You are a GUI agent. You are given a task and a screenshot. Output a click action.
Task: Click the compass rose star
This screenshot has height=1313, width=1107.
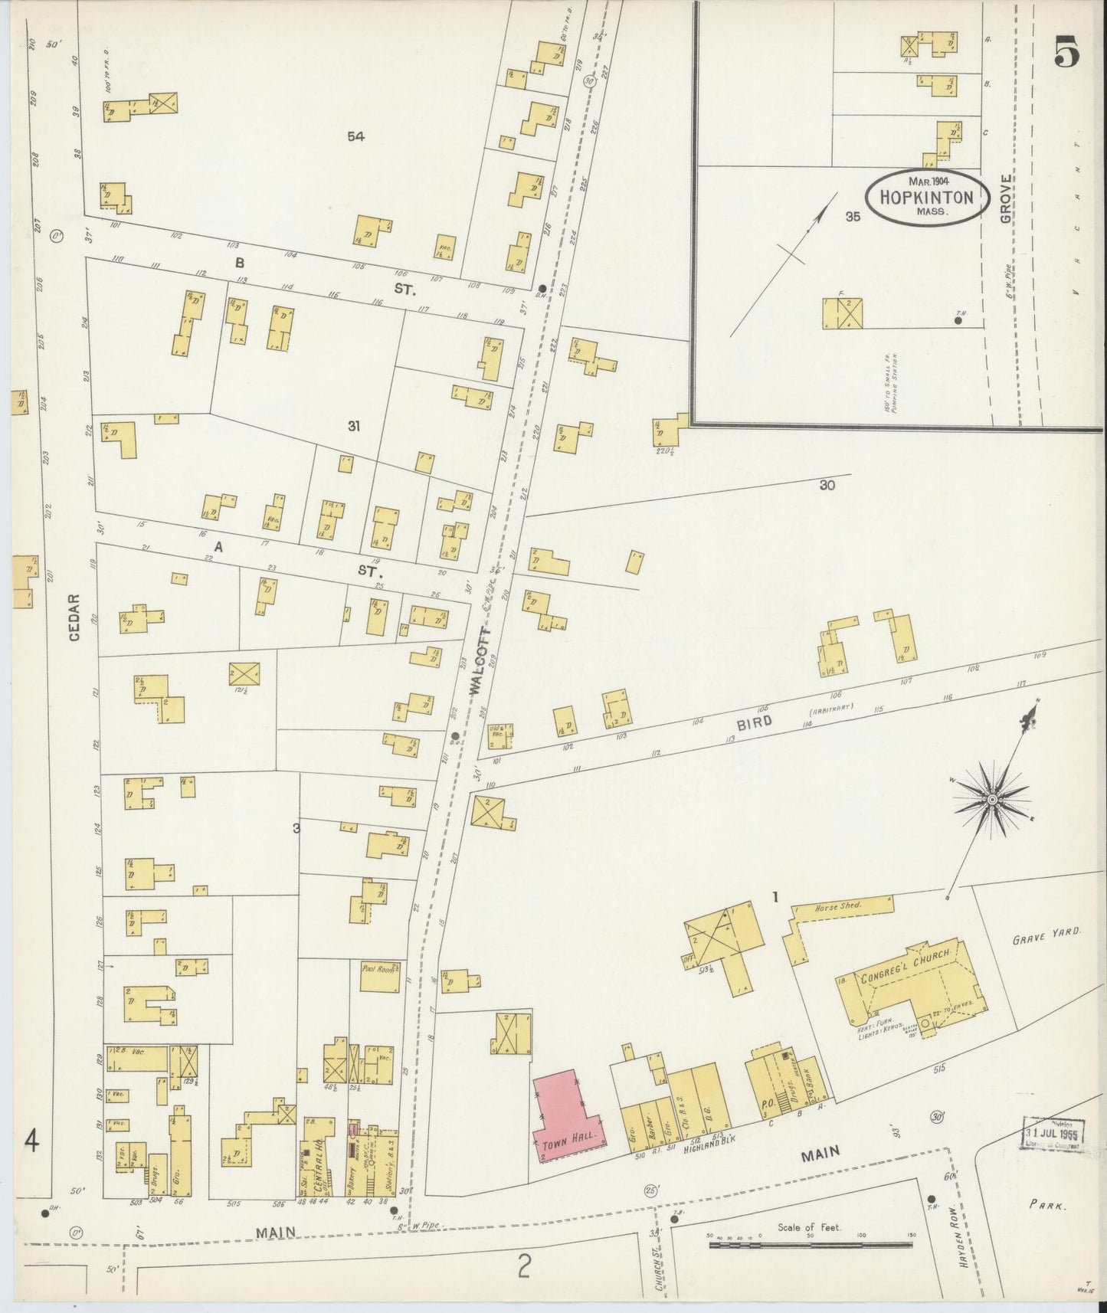(992, 800)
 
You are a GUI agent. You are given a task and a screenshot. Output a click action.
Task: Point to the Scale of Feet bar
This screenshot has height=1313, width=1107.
(811, 1245)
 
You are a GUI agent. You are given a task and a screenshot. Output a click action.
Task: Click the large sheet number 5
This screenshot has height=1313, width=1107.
(1066, 53)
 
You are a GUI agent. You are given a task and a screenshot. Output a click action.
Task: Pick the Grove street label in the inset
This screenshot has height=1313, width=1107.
(1005, 199)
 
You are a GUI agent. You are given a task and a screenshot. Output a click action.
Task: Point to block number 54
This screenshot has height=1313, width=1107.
(355, 137)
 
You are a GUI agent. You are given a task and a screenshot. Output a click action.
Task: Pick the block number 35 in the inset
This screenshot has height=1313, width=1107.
(853, 217)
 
